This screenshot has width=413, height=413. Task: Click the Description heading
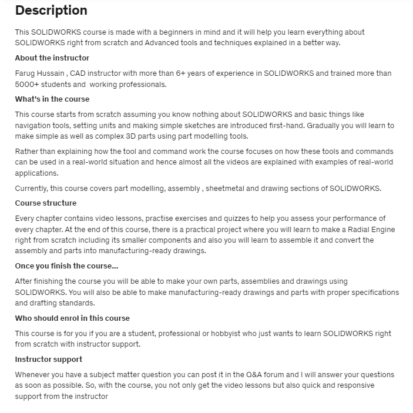[51, 11]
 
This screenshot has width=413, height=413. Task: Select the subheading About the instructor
[52, 58]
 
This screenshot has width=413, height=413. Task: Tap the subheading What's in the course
[52, 99]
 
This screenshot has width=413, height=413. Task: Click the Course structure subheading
[46, 203]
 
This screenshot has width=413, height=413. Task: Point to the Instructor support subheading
[49, 360]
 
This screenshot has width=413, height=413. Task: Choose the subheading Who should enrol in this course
[72, 318]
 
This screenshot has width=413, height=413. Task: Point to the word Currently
[32, 188]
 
